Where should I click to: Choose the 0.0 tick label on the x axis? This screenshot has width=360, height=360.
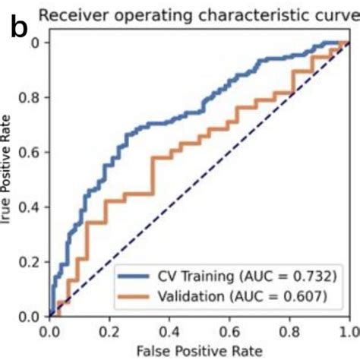tap(50, 331)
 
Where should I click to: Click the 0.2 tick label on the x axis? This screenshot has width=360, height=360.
tap(110, 331)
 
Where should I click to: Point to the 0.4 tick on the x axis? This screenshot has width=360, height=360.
tap(170, 331)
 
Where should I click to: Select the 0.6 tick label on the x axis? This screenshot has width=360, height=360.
tap(230, 331)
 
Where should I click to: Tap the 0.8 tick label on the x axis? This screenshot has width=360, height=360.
tap(290, 331)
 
